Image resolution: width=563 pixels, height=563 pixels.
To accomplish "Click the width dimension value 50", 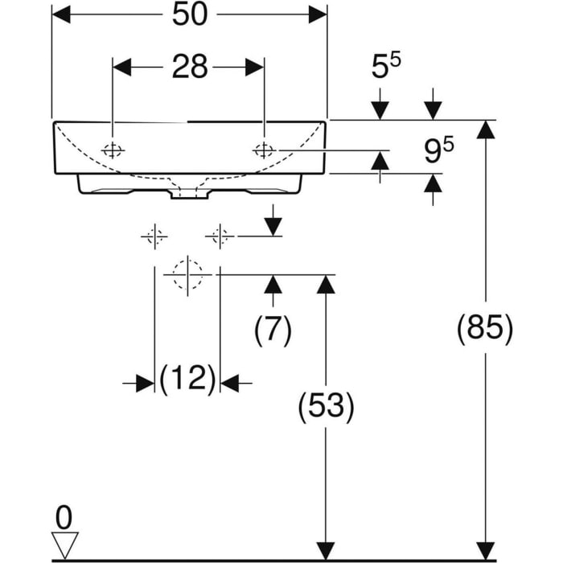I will (x=189, y=16).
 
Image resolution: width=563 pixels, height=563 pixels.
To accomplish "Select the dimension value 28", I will (x=189, y=68).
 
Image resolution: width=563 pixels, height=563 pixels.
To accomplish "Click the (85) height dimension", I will (x=484, y=330).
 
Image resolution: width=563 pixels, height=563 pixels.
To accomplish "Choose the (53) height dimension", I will (x=325, y=407).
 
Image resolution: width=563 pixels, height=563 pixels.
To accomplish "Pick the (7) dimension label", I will (x=273, y=330).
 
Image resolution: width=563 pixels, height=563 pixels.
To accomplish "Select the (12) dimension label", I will (x=187, y=378).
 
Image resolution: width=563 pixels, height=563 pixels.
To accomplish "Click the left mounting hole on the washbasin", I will (x=113, y=150).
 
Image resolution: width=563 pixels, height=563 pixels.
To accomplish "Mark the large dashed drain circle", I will (x=187, y=273).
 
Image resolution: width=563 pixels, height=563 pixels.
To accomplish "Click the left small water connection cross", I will (x=154, y=236).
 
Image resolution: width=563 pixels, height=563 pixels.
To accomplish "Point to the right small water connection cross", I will (x=218, y=236).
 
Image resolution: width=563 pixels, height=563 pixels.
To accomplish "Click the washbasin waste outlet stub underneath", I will (x=187, y=192).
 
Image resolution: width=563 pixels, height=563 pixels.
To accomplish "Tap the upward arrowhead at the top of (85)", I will (x=484, y=129).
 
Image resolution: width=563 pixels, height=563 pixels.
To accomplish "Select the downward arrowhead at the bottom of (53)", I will (x=325, y=550).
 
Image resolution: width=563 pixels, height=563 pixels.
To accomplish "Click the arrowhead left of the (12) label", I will (x=145, y=384).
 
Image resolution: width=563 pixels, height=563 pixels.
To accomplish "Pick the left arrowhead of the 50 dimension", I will (x=61, y=15).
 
